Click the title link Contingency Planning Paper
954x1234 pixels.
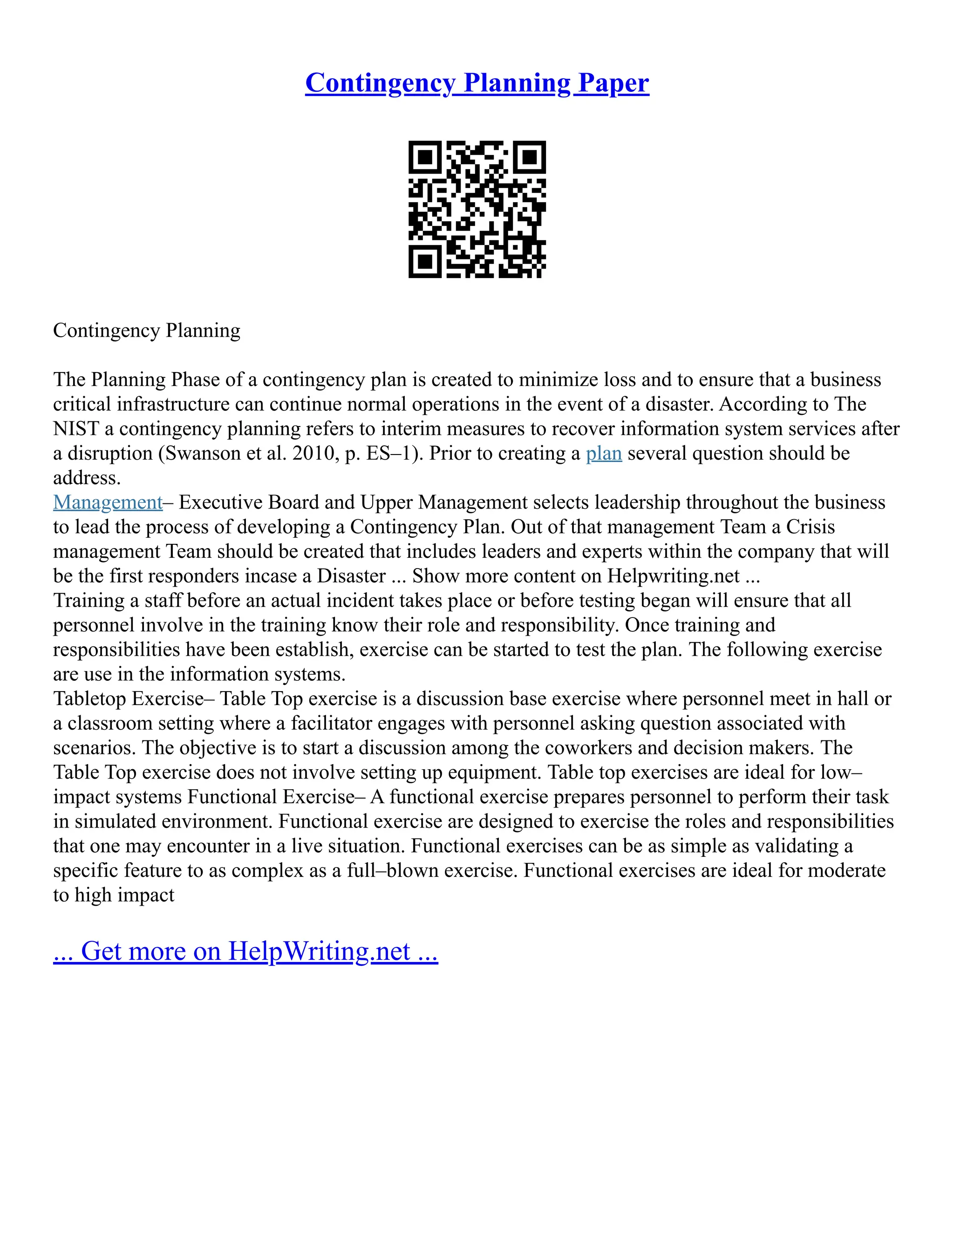point(477,83)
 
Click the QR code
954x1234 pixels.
point(477,210)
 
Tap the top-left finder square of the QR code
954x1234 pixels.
point(424,157)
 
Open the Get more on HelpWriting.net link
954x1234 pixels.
point(245,951)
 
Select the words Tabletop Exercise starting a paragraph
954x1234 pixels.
point(128,699)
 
